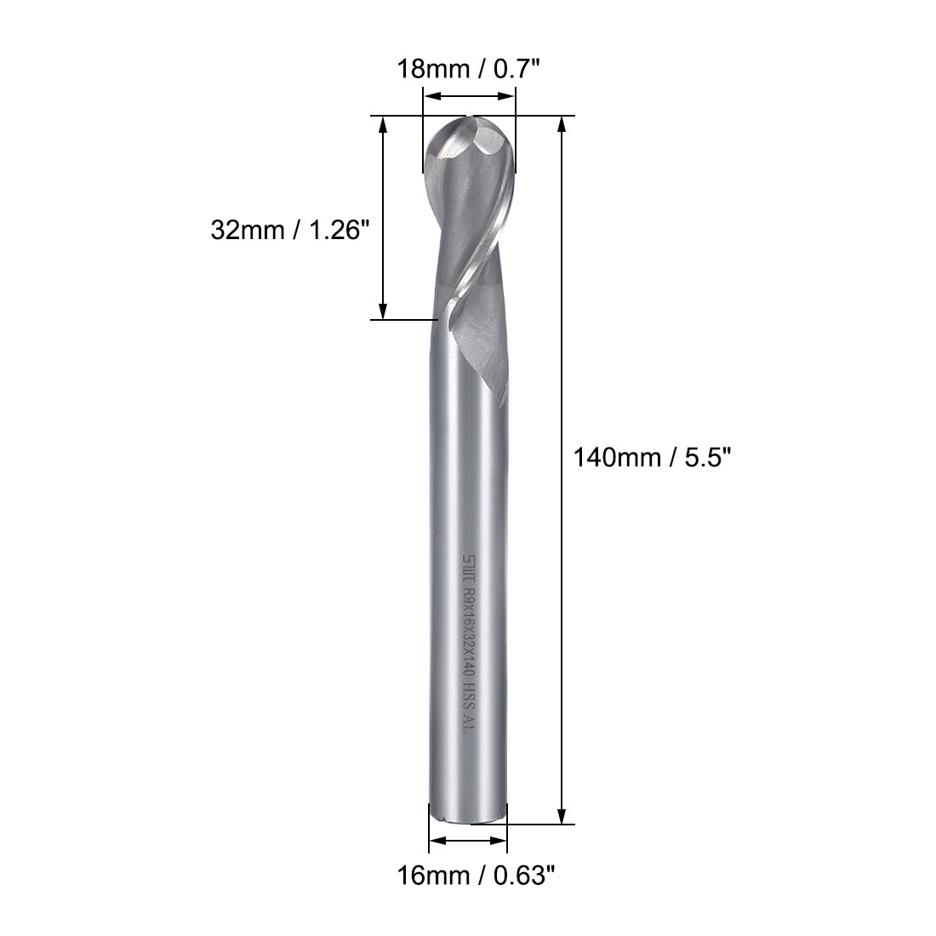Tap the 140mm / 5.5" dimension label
652,457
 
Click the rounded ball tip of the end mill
468,145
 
